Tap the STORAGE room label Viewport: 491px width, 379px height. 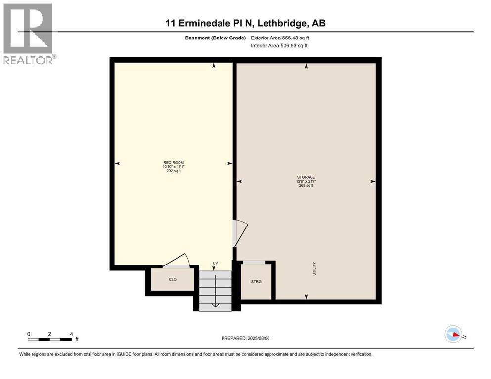click(306, 177)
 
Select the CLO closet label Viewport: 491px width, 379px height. click(173, 279)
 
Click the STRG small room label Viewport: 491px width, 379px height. click(256, 281)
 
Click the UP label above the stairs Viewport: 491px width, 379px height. click(215, 263)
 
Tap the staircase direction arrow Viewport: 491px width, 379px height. click(215, 305)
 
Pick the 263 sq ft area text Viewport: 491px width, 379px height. click(306, 186)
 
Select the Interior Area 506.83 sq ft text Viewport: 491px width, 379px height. click(279, 46)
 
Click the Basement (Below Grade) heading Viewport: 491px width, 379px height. click(218, 38)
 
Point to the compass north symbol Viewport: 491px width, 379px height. click(453, 335)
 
